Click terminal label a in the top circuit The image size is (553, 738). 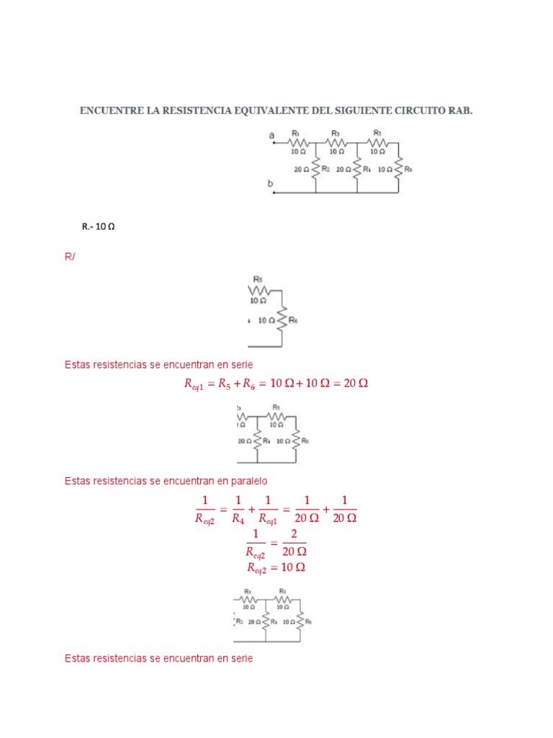pyautogui.click(x=271, y=135)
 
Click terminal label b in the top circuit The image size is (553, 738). pyautogui.click(x=271, y=184)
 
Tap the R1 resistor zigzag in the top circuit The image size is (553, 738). pyautogui.click(x=297, y=143)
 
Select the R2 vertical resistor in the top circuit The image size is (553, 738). pyautogui.click(x=316, y=169)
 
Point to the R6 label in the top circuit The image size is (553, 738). pyautogui.click(x=408, y=169)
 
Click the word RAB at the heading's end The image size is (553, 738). pyautogui.click(x=462, y=112)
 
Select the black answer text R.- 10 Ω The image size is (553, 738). pyautogui.click(x=99, y=226)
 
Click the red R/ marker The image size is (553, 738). pyautogui.click(x=69, y=257)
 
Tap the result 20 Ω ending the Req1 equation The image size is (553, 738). pyautogui.click(x=355, y=383)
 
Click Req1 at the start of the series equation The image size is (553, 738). pyautogui.click(x=194, y=385)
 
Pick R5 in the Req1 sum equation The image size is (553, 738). pyautogui.click(x=223, y=384)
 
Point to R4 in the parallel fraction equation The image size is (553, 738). pyautogui.click(x=237, y=517)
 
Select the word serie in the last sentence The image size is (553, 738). pyautogui.click(x=240, y=659)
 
